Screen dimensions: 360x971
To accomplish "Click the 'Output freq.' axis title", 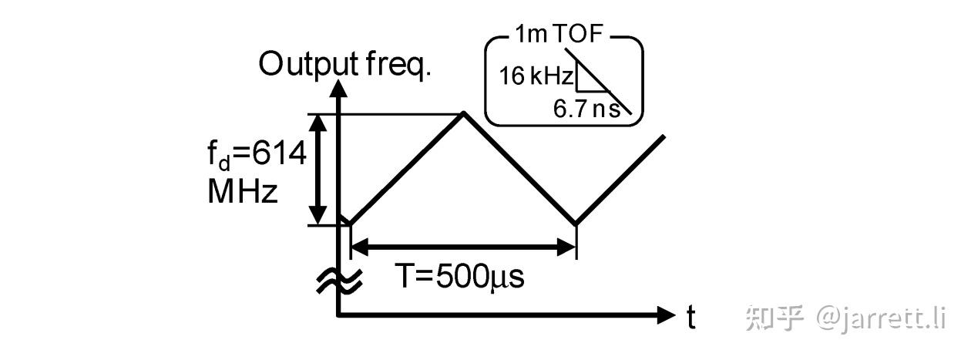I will tap(344, 65).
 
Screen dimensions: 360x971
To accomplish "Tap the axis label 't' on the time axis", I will tap(691, 317).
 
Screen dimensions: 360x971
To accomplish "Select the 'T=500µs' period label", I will tap(460, 276).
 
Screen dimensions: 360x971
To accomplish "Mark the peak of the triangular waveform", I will tap(463, 113).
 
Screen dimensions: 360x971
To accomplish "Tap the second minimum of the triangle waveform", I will tap(576, 225).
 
